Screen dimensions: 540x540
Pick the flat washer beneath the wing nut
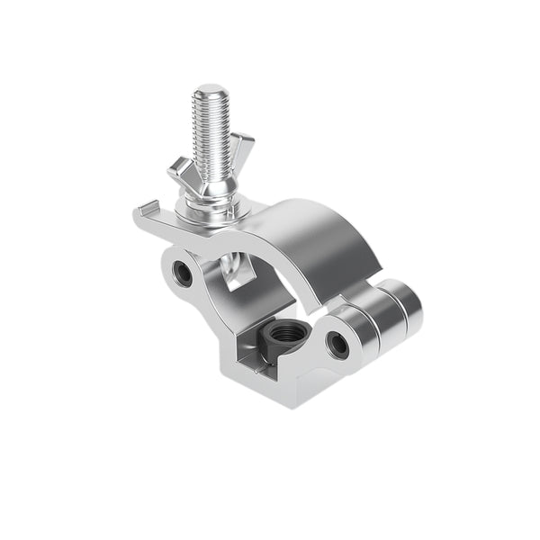pos(209,211)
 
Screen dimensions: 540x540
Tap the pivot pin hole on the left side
pos(183,274)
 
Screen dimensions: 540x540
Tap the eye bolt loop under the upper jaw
pos(238,270)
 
